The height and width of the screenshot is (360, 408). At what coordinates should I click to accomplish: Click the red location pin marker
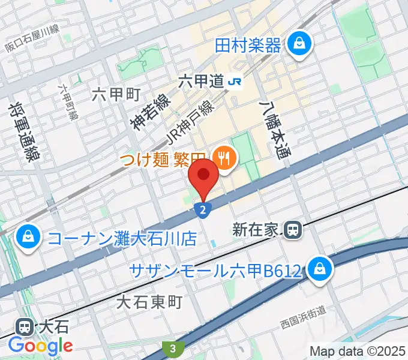(x=204, y=176)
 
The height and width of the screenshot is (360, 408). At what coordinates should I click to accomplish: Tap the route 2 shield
(x=204, y=209)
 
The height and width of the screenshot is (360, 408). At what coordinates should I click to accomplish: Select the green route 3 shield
(x=172, y=347)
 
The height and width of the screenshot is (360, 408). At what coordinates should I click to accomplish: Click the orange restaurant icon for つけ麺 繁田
(x=226, y=158)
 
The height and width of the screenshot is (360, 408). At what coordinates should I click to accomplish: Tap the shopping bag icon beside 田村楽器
(x=297, y=43)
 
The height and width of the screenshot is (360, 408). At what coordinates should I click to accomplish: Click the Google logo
(x=40, y=346)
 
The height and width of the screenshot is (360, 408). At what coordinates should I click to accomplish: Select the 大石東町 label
(x=148, y=303)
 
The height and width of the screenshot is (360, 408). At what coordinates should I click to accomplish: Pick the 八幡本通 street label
(x=274, y=130)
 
